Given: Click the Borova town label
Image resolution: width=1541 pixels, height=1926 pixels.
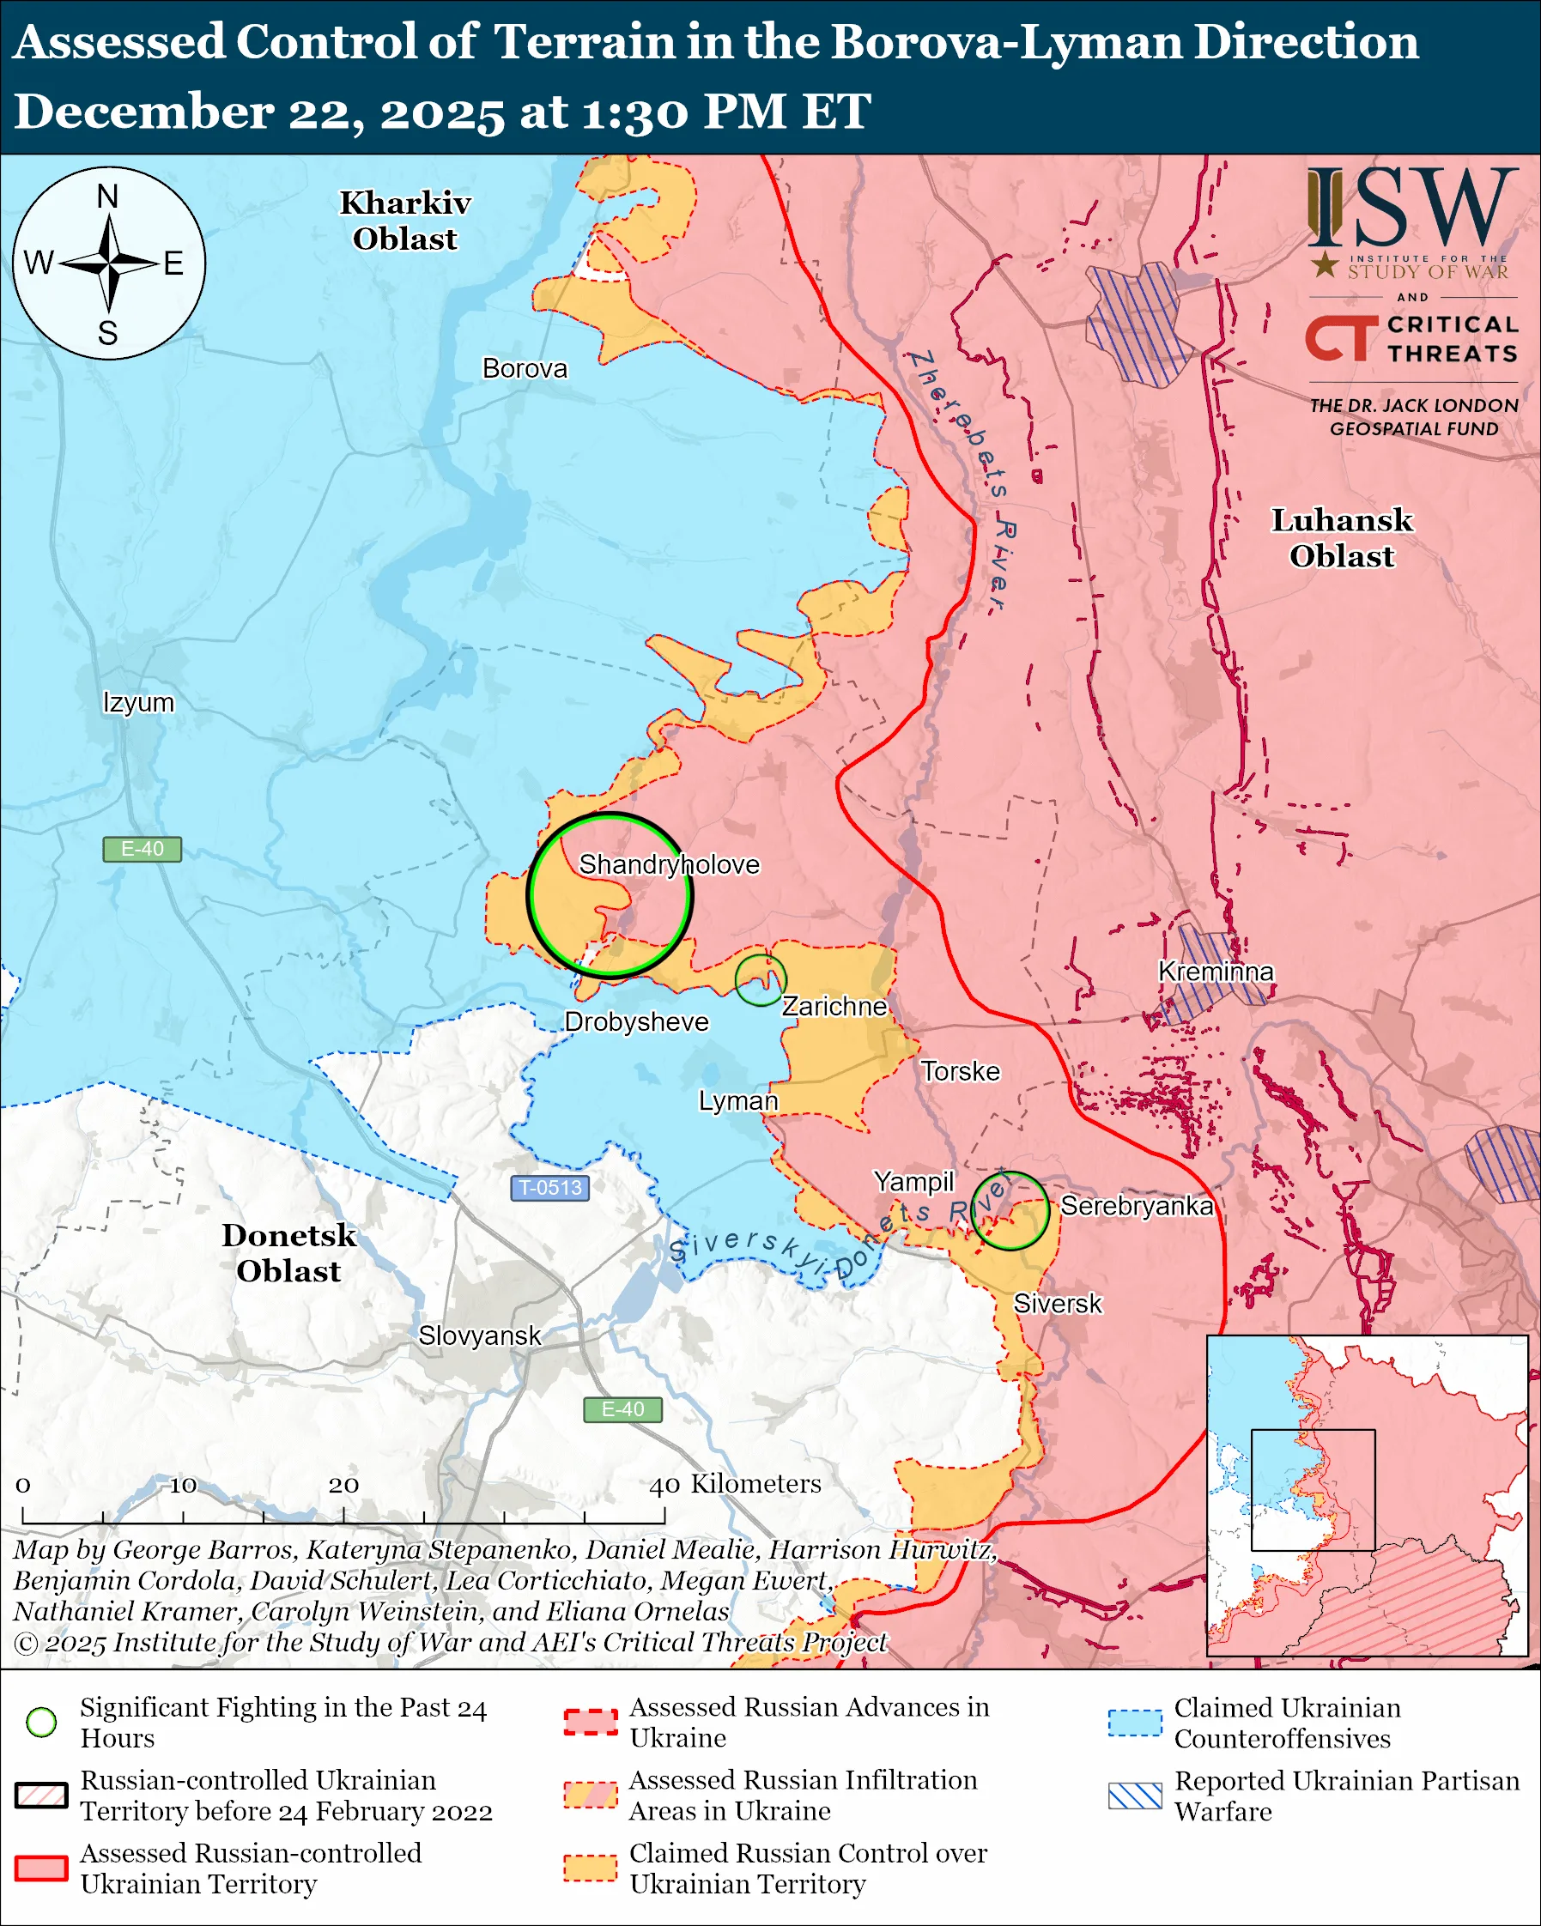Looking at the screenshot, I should [525, 369].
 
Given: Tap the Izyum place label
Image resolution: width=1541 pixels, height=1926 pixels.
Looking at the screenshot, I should [138, 702].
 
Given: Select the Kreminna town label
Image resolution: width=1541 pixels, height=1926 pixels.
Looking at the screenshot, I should [1215, 971].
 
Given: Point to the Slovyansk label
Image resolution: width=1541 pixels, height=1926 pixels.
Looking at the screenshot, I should [480, 1335].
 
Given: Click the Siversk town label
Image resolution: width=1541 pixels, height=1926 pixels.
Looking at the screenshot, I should [1058, 1304].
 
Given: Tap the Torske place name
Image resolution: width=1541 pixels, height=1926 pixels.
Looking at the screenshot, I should [961, 1071].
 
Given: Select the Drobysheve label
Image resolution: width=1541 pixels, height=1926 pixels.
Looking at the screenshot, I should [636, 1022].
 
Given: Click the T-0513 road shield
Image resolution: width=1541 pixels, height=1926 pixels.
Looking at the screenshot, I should [550, 1188].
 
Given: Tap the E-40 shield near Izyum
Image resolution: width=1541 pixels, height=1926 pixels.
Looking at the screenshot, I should [142, 849].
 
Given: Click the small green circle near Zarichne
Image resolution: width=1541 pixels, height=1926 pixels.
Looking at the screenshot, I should [761, 980].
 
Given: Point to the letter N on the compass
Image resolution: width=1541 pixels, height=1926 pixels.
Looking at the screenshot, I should [108, 197].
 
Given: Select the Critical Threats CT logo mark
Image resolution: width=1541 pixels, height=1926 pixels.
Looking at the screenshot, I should [1341, 337].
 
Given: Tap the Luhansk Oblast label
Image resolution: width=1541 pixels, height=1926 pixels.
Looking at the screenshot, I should [1342, 538].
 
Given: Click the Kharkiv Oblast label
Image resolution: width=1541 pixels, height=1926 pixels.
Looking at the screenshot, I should [404, 221].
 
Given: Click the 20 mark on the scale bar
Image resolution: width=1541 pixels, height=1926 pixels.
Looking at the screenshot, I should [344, 1486].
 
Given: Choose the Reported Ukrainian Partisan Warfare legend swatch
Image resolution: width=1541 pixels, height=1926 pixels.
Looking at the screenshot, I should [1136, 1796].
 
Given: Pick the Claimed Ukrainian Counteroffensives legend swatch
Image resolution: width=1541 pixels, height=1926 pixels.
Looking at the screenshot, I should [1136, 1723].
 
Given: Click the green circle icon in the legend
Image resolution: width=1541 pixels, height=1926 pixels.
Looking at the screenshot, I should [42, 1722].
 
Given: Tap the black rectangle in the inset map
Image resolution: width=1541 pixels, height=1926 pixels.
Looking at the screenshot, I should [1313, 1490].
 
